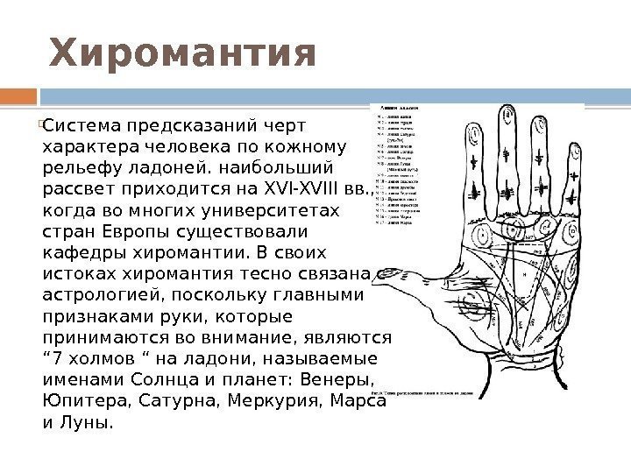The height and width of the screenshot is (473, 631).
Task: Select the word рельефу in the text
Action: coord(74,166)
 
